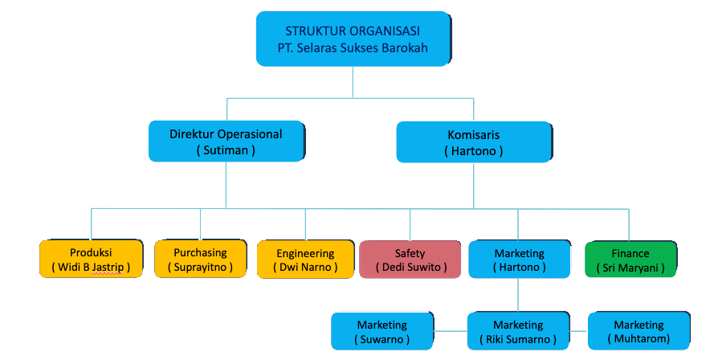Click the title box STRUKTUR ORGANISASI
(352, 39)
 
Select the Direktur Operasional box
(226, 141)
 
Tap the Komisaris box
(473, 141)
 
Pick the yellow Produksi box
(91, 259)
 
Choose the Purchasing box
(200, 259)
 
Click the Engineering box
(305, 259)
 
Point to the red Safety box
(410, 259)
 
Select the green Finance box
(630, 259)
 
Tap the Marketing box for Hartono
(519, 259)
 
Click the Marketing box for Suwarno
(382, 331)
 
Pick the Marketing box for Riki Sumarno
(519, 331)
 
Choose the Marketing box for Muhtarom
(639, 331)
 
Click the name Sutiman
(226, 149)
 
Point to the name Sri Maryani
(630, 267)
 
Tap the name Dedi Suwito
(410, 267)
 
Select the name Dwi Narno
(305, 267)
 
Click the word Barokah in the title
(404, 47)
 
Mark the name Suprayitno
(200, 267)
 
